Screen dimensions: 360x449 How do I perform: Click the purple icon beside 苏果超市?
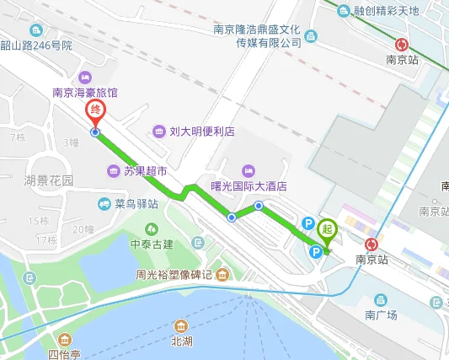tap(114, 171)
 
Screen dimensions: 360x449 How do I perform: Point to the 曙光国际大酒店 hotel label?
tap(249, 186)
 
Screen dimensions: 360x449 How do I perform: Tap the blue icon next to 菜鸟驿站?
tap(104, 203)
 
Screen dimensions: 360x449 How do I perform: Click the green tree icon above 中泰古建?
tap(152, 228)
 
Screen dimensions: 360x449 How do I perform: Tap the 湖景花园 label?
tap(49, 180)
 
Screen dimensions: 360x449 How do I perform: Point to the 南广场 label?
tap(381, 314)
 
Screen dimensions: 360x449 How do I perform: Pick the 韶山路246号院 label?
tap(35, 45)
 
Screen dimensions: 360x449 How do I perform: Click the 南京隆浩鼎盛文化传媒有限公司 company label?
tap(257, 35)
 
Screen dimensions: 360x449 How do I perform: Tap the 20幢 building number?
tap(83, 229)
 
